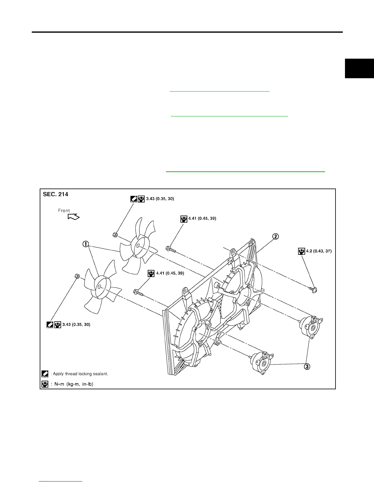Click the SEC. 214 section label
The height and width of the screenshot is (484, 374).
(x=56, y=194)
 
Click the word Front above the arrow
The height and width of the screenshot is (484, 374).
(x=64, y=211)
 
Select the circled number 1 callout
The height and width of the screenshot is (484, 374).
(x=85, y=244)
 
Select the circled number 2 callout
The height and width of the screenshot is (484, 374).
(x=275, y=237)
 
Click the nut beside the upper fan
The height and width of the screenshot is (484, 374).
(x=115, y=235)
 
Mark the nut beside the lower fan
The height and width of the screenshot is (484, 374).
(x=77, y=277)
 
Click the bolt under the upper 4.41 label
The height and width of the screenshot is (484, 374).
(x=170, y=249)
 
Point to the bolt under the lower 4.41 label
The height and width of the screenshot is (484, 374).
(x=138, y=293)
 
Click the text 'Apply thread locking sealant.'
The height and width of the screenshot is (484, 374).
(x=80, y=374)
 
